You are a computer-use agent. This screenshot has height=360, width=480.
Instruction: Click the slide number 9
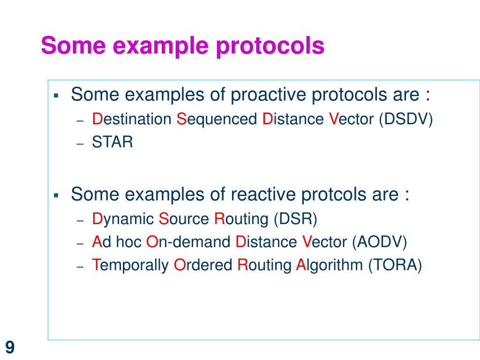click(10, 348)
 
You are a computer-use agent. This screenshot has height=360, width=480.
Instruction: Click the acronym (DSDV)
click(406, 119)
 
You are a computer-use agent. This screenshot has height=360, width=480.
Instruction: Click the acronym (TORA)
click(395, 265)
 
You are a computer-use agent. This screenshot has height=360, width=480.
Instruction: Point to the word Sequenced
click(217, 120)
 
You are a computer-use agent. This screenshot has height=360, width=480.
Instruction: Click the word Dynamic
click(123, 219)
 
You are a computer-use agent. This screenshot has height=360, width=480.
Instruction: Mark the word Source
click(185, 218)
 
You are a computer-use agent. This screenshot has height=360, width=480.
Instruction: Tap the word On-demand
click(189, 242)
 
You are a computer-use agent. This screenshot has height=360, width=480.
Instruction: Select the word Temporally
click(130, 266)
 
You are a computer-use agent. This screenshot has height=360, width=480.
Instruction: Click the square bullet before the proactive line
click(56, 96)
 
